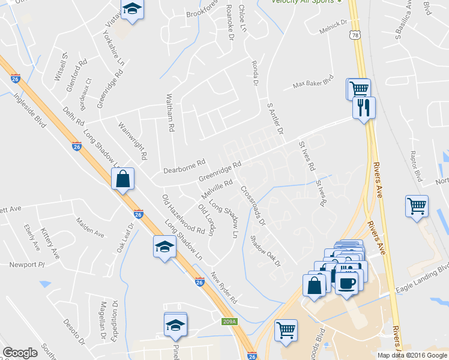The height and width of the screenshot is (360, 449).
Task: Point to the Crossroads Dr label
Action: (x=253, y=205)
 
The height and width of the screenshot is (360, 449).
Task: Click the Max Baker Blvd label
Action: (x=312, y=82)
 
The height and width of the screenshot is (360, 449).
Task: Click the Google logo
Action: (x=20, y=353)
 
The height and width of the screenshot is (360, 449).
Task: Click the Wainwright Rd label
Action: (x=133, y=141)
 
